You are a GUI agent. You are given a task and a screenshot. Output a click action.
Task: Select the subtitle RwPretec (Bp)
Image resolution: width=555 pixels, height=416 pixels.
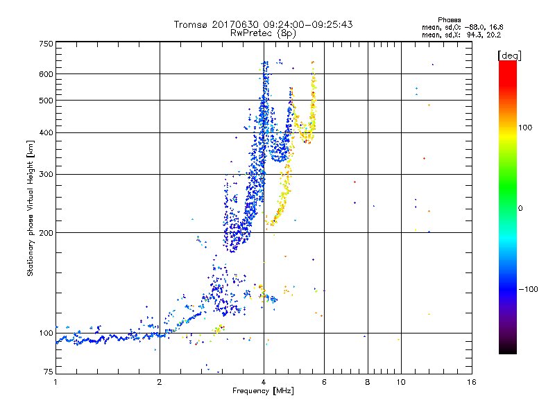264,33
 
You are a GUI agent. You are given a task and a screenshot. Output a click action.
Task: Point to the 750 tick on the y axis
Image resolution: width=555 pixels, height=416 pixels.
46,44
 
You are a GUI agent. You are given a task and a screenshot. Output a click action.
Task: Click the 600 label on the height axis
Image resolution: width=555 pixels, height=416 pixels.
46,73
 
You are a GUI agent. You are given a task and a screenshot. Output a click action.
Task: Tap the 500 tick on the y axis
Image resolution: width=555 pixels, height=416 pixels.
46,101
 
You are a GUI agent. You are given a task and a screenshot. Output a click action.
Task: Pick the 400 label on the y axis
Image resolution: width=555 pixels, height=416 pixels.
46,132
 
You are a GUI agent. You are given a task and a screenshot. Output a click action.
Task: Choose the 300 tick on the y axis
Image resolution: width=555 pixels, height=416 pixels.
46,174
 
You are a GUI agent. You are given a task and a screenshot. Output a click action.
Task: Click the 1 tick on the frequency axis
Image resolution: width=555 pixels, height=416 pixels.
56,381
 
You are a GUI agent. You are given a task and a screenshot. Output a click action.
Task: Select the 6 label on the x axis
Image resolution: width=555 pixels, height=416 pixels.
324,381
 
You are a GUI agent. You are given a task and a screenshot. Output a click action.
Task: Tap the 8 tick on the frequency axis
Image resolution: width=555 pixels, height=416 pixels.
368,381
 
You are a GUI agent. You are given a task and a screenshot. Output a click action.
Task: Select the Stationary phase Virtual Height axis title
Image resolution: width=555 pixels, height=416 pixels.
31,208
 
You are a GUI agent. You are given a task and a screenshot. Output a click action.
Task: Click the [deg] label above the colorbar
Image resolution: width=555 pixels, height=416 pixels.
510,55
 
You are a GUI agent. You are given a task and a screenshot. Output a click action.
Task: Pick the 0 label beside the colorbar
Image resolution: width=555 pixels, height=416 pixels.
520,208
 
